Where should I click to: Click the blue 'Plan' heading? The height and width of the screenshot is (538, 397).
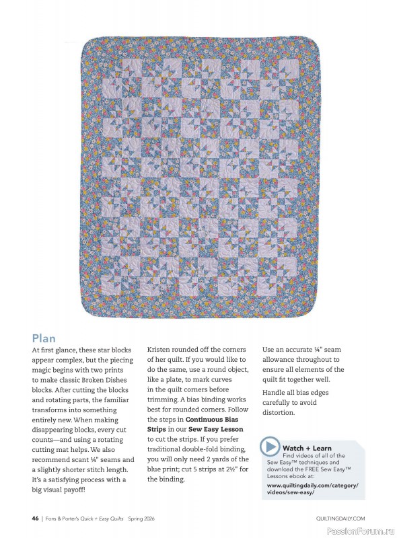point(44,338)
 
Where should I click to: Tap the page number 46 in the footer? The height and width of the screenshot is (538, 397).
point(34,518)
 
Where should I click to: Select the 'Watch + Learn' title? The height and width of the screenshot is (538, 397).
point(307,447)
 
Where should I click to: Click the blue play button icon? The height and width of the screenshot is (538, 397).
point(270,447)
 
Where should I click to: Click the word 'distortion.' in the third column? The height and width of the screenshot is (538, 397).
point(279,412)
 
